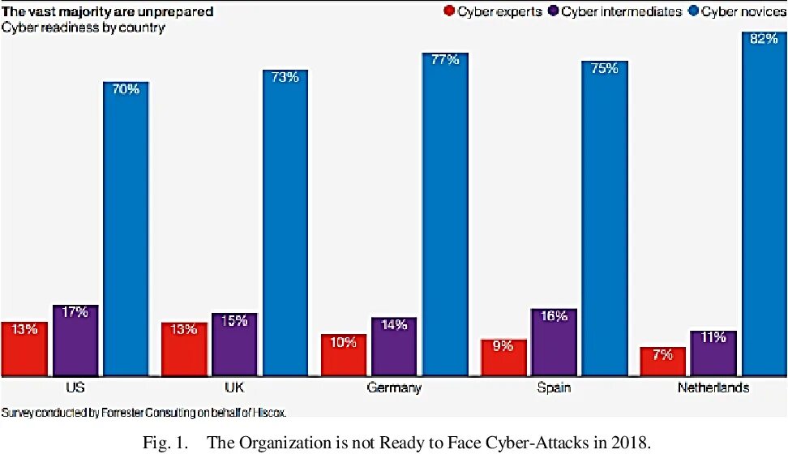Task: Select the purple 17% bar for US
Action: pos(75,340)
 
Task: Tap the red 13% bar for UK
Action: pos(184,349)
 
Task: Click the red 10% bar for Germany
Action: pos(343,355)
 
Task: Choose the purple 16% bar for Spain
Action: pos(554,342)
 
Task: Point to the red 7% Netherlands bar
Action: pos(662,362)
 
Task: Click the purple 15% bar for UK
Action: pos(234,345)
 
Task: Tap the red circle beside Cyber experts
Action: pos(449,11)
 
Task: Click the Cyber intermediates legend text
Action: pos(621,11)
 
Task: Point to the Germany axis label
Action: pos(394,388)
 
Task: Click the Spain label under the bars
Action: pos(554,388)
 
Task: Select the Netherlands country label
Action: pos(713,388)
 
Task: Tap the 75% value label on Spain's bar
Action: pos(604,69)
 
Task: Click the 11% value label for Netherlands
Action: pos(713,337)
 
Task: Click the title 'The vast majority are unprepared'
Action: pos(108,11)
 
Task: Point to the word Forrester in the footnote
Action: pos(126,412)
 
